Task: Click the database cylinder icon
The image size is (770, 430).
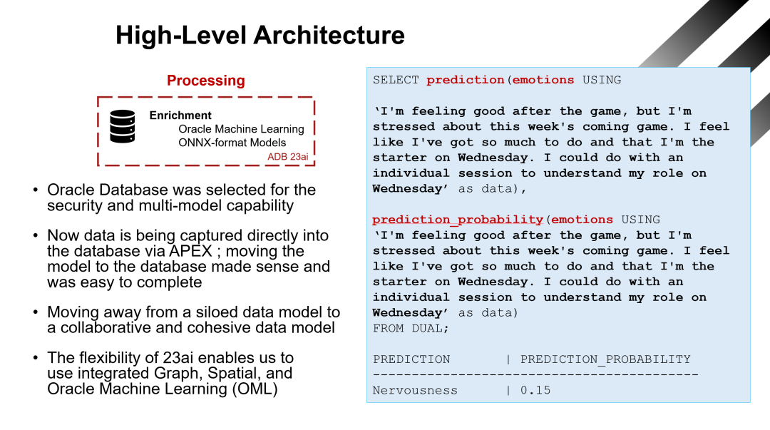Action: pyautogui.click(x=122, y=126)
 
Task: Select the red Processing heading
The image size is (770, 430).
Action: pyautogui.click(x=205, y=81)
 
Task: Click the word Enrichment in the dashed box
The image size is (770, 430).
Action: pyautogui.click(x=180, y=115)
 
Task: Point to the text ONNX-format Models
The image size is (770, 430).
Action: pyautogui.click(x=227, y=142)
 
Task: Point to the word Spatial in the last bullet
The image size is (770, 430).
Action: pyautogui.click(x=241, y=373)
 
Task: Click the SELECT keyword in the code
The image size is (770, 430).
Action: pyautogui.click(x=396, y=80)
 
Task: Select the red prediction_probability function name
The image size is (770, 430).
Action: pyautogui.click(x=457, y=220)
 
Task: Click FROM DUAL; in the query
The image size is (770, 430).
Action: pyautogui.click(x=411, y=328)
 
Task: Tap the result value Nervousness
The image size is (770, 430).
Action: pyautogui.click(x=415, y=390)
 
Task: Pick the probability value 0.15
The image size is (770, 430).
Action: pyautogui.click(x=535, y=390)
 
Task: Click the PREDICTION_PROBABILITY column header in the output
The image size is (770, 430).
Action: pyautogui.click(x=605, y=359)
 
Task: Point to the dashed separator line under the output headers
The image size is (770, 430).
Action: pyautogui.click(x=535, y=374)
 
